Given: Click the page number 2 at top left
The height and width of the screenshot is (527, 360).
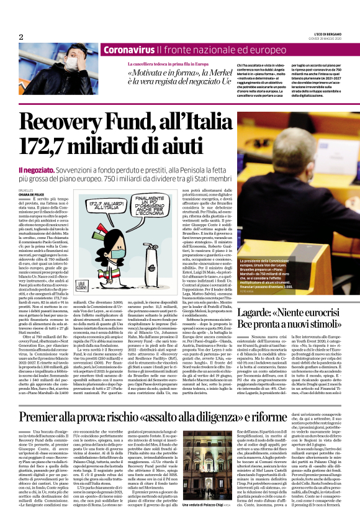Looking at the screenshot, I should [21, 37].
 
